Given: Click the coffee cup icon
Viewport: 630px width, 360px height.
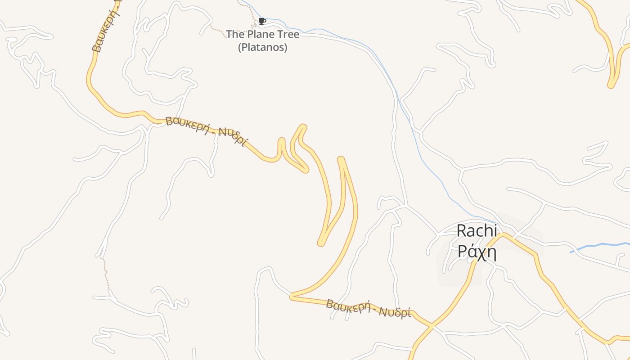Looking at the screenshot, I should pos(262,21).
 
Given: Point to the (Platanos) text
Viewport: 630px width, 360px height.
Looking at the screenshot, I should pos(262,47).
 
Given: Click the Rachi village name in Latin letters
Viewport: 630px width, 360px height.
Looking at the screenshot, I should pos(477,231).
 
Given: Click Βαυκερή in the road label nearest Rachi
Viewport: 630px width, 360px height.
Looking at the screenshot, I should pos(346,306).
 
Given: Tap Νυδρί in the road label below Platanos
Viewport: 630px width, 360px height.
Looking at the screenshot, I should pos(233,137).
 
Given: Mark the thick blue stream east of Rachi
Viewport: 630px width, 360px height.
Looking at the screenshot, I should pos(598,246).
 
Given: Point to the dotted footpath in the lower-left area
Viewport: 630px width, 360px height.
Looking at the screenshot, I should pos(107,274).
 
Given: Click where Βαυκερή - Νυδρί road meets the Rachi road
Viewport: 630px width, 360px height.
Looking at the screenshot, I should pos(431,324).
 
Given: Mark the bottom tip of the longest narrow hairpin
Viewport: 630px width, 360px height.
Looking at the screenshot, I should pos(321,243).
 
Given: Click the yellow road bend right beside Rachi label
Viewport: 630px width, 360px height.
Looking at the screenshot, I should pos(504,234).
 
